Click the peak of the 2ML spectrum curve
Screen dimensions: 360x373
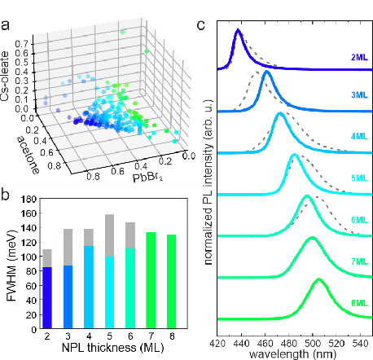[x=238, y=31]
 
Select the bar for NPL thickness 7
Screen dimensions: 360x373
[x=151, y=281]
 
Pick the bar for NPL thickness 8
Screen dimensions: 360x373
[x=171, y=283]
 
